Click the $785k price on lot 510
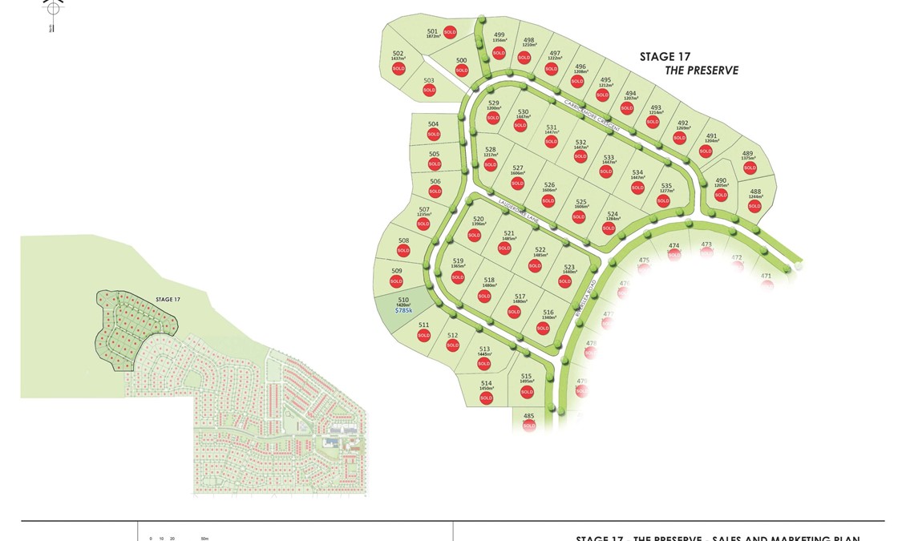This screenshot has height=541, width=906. click(403, 310)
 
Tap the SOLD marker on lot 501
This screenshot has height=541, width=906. click(450, 33)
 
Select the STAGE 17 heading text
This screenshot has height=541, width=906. click(665, 57)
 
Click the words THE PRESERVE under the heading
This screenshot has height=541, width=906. click(702, 71)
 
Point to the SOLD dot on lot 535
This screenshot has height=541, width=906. click(663, 200)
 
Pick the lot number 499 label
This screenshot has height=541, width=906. click(499, 34)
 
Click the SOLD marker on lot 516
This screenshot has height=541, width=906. click(543, 328)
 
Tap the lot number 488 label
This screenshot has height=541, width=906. click(755, 192)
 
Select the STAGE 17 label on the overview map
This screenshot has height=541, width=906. click(168, 299)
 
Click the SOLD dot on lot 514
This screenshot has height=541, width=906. click(486, 398)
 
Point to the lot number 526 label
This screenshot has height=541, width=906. click(549, 185)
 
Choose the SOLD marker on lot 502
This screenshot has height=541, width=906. click(398, 69)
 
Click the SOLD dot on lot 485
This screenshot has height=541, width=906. click(528, 426)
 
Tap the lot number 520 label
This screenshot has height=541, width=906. click(479, 218)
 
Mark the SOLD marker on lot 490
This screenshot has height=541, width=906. click(721, 195)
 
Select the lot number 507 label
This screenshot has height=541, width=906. click(424, 209)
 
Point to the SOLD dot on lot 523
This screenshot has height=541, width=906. click(564, 281)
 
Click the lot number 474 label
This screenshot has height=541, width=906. click(673, 246)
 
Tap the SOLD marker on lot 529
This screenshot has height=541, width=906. click(493, 118)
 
